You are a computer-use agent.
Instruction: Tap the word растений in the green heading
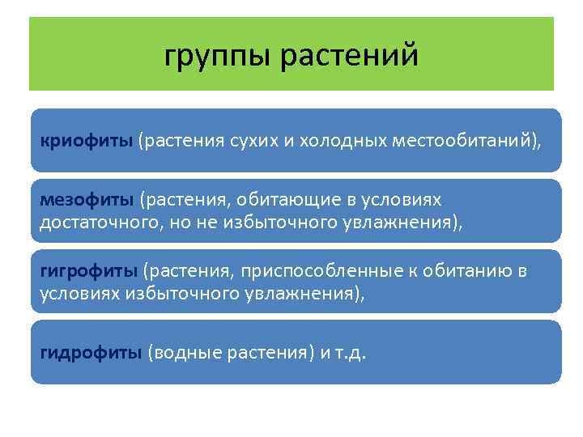[350, 56]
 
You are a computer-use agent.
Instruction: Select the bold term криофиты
[87, 141]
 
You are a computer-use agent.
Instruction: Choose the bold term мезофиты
[88, 200]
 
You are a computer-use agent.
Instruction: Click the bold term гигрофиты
[90, 270]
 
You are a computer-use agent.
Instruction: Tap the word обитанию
[464, 270]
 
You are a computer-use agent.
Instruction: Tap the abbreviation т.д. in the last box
[349, 353]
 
